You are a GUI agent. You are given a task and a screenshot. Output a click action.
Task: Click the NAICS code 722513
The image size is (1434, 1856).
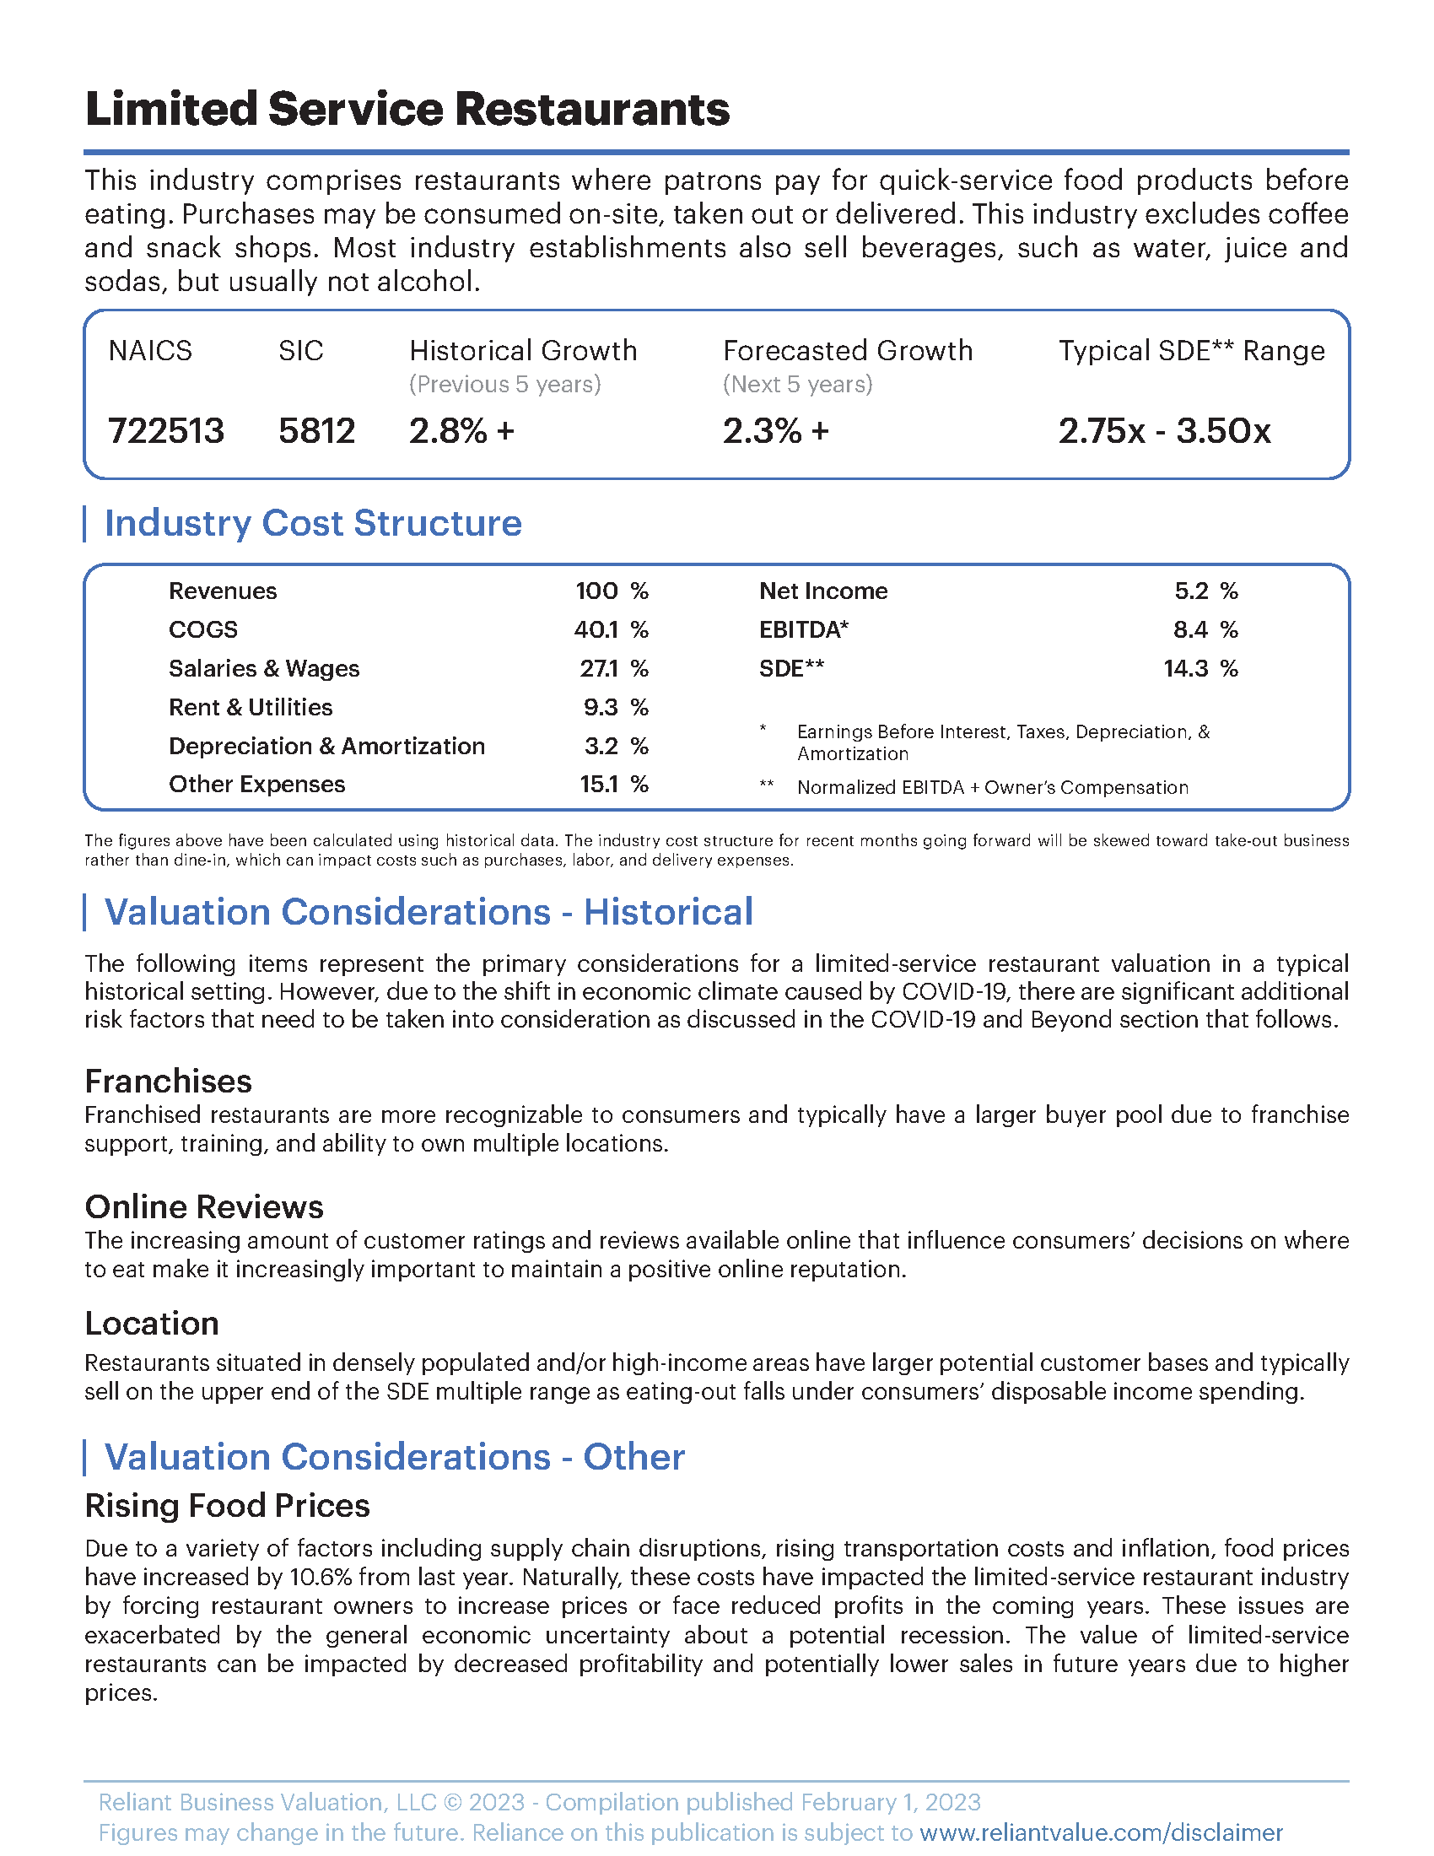[165, 431]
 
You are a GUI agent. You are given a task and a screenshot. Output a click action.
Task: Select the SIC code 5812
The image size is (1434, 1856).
[316, 431]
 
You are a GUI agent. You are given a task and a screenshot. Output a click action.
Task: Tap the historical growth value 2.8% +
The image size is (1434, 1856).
[461, 431]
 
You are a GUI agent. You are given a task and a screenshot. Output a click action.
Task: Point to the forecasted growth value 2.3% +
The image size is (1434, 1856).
[774, 431]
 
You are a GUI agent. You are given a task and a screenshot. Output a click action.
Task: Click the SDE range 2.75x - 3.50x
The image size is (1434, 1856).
[1164, 431]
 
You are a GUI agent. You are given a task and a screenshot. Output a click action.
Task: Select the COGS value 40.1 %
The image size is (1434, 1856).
[611, 629]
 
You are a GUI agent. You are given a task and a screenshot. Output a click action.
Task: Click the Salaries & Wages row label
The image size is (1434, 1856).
[263, 669]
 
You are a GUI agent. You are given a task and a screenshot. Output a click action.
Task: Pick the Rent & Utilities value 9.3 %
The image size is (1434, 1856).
[615, 707]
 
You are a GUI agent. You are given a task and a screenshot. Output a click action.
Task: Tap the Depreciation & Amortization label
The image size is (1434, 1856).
[326, 746]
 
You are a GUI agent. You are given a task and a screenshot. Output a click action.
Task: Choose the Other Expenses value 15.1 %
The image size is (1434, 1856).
[613, 785]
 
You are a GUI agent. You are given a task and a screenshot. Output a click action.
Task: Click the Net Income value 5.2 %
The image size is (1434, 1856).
[1205, 591]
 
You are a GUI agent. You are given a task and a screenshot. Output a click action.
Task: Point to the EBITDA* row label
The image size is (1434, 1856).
[804, 629]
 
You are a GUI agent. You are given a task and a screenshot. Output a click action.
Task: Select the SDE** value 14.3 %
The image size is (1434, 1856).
[1200, 669]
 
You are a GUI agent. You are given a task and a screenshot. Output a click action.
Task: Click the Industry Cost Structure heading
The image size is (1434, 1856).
[313, 524]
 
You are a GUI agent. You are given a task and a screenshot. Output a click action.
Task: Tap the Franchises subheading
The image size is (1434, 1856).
[168, 1082]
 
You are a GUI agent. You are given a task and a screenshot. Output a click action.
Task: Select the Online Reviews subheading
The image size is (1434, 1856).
[204, 1206]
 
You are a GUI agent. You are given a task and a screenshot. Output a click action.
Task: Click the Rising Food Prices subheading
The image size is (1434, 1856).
[227, 1506]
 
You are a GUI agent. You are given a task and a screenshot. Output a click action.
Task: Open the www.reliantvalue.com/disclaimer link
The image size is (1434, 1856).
[1101, 1832]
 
